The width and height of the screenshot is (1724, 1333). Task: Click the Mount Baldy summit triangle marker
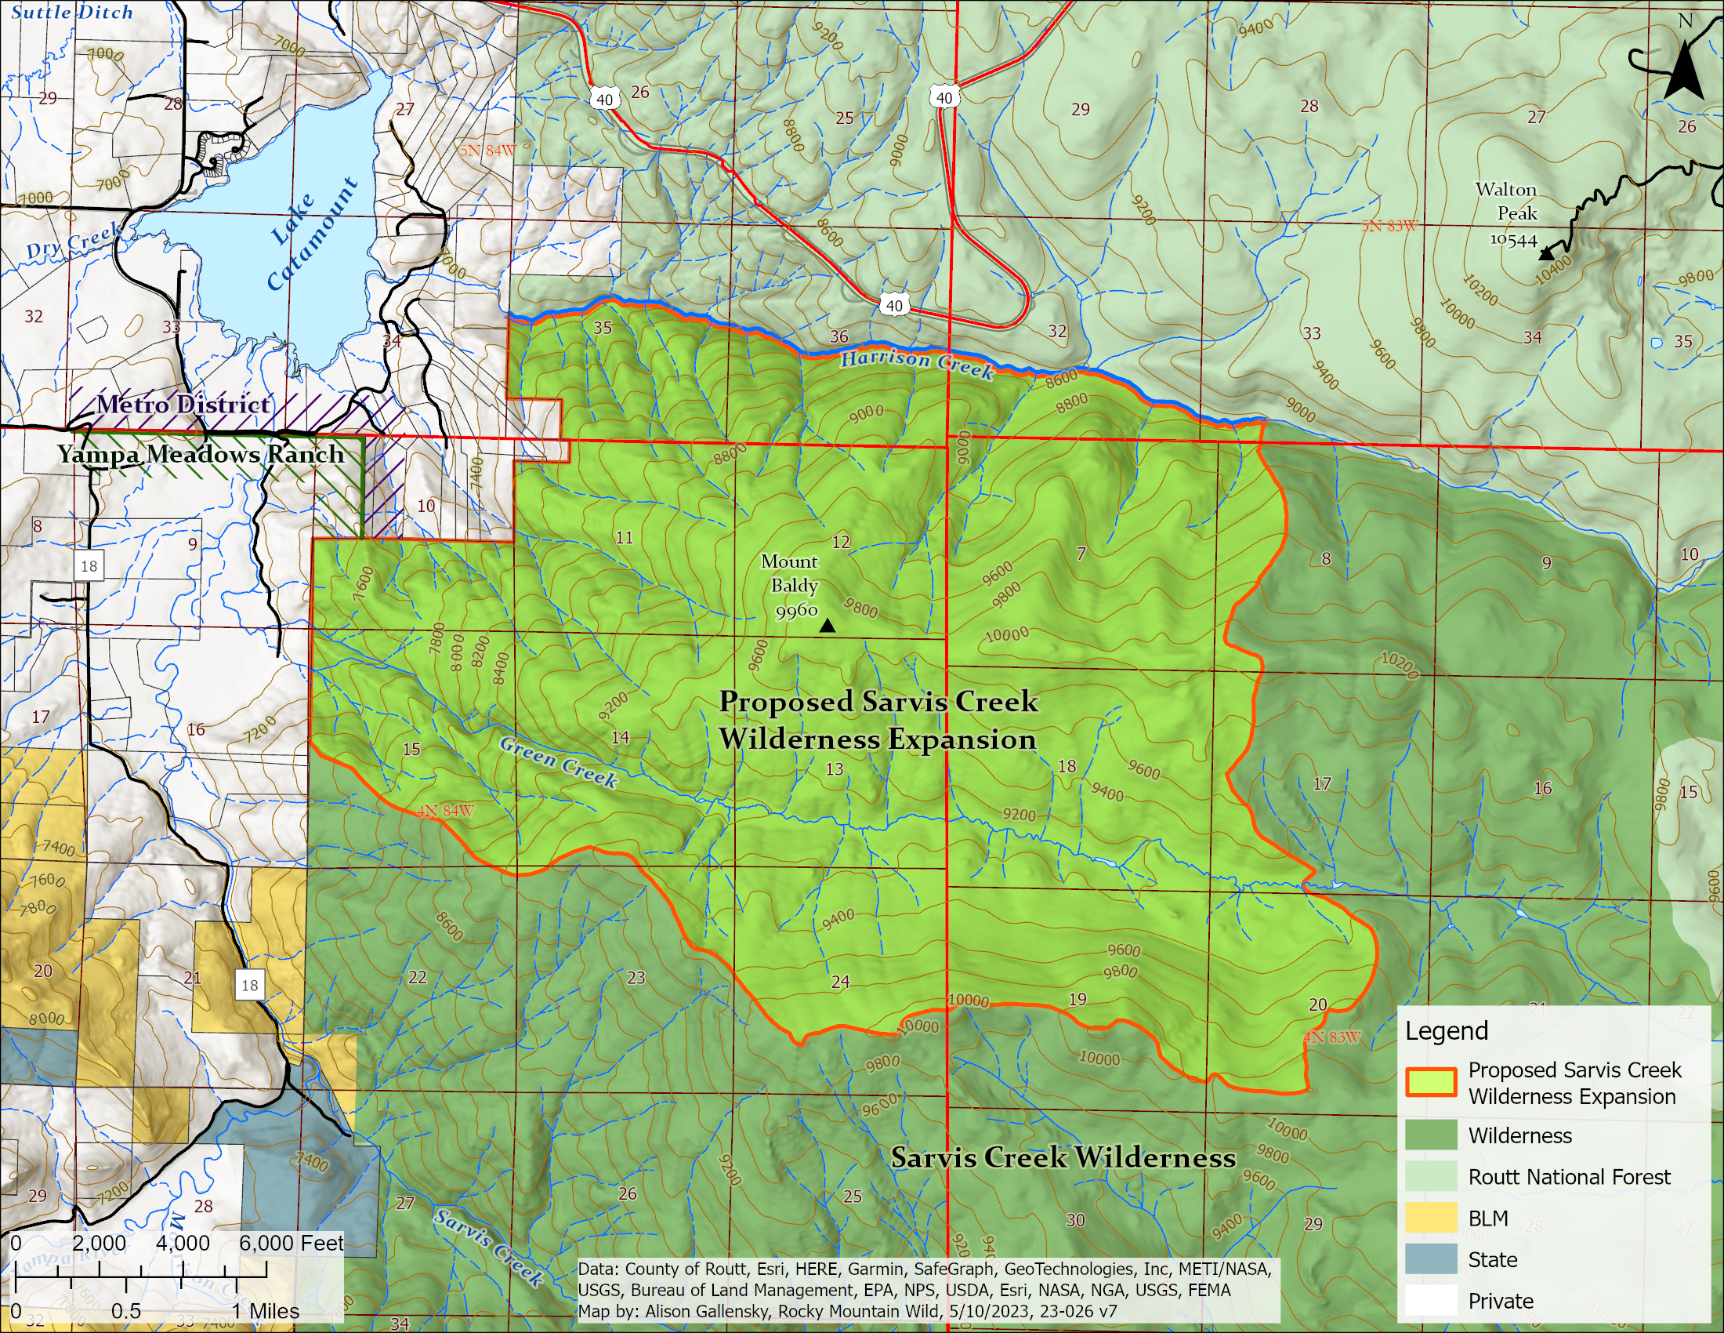(x=828, y=627)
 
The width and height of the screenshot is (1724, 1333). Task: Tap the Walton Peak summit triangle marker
(x=1546, y=254)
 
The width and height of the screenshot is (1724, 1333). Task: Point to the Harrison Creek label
(x=917, y=363)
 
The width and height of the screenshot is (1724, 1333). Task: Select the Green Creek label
(x=558, y=762)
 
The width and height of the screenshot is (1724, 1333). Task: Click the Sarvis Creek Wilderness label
(x=1063, y=1157)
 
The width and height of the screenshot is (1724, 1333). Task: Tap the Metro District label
(x=183, y=405)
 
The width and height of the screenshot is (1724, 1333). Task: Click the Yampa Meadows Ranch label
(x=201, y=454)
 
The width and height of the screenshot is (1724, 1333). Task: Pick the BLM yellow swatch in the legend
(x=1430, y=1218)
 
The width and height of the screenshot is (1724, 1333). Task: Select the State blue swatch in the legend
(x=1430, y=1259)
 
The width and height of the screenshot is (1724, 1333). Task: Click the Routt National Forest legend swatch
(x=1430, y=1176)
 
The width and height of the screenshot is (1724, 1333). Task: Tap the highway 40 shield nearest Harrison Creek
(x=893, y=305)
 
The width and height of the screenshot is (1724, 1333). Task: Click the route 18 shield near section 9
(x=89, y=565)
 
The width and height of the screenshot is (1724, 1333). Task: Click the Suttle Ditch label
(x=72, y=12)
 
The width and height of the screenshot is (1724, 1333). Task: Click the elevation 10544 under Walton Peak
(x=1512, y=240)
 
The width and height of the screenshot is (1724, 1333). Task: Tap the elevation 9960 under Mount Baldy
(x=795, y=610)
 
